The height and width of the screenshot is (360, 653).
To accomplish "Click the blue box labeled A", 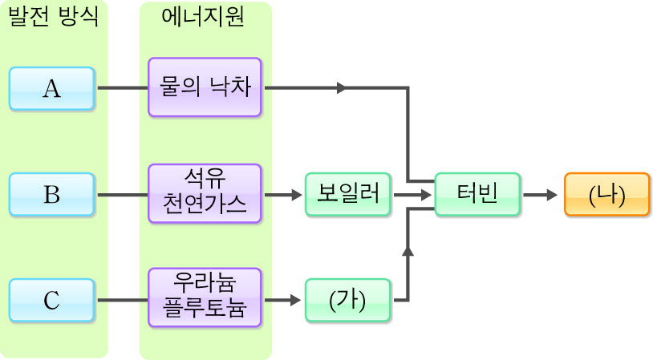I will pyautogui.click(x=52, y=88).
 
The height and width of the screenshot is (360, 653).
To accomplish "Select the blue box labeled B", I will pyautogui.click(x=52, y=194).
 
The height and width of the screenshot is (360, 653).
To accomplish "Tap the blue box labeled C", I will pyautogui.click(x=52, y=301).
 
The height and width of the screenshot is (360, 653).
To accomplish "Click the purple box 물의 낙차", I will pyautogui.click(x=205, y=88).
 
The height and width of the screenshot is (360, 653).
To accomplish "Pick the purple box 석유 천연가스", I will pyautogui.click(x=205, y=194).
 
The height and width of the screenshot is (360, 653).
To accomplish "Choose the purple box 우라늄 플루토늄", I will pyautogui.click(x=205, y=297).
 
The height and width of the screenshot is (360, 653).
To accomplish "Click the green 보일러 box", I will pyautogui.click(x=347, y=194).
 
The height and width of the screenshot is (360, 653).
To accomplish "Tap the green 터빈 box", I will pyautogui.click(x=477, y=194).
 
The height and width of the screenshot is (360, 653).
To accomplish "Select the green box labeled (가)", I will pyautogui.click(x=347, y=301).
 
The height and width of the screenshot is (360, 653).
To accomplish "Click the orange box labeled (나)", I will pyautogui.click(x=606, y=194).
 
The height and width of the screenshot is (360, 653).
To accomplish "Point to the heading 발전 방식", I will pyautogui.click(x=53, y=18).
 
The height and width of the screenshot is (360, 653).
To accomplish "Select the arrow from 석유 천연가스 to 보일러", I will pyautogui.click(x=283, y=194).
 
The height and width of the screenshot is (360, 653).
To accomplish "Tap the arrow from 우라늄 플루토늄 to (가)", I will pyautogui.click(x=283, y=301).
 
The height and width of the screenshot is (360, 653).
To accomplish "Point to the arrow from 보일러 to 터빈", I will pyautogui.click(x=412, y=194).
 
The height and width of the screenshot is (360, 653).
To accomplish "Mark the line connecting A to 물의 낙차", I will pyautogui.click(x=122, y=88).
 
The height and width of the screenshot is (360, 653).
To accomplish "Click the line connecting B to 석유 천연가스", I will pyautogui.click(x=122, y=194).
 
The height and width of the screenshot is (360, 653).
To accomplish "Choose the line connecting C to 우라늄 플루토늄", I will pyautogui.click(x=122, y=301).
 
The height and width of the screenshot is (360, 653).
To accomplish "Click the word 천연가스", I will pyautogui.click(x=205, y=206).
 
